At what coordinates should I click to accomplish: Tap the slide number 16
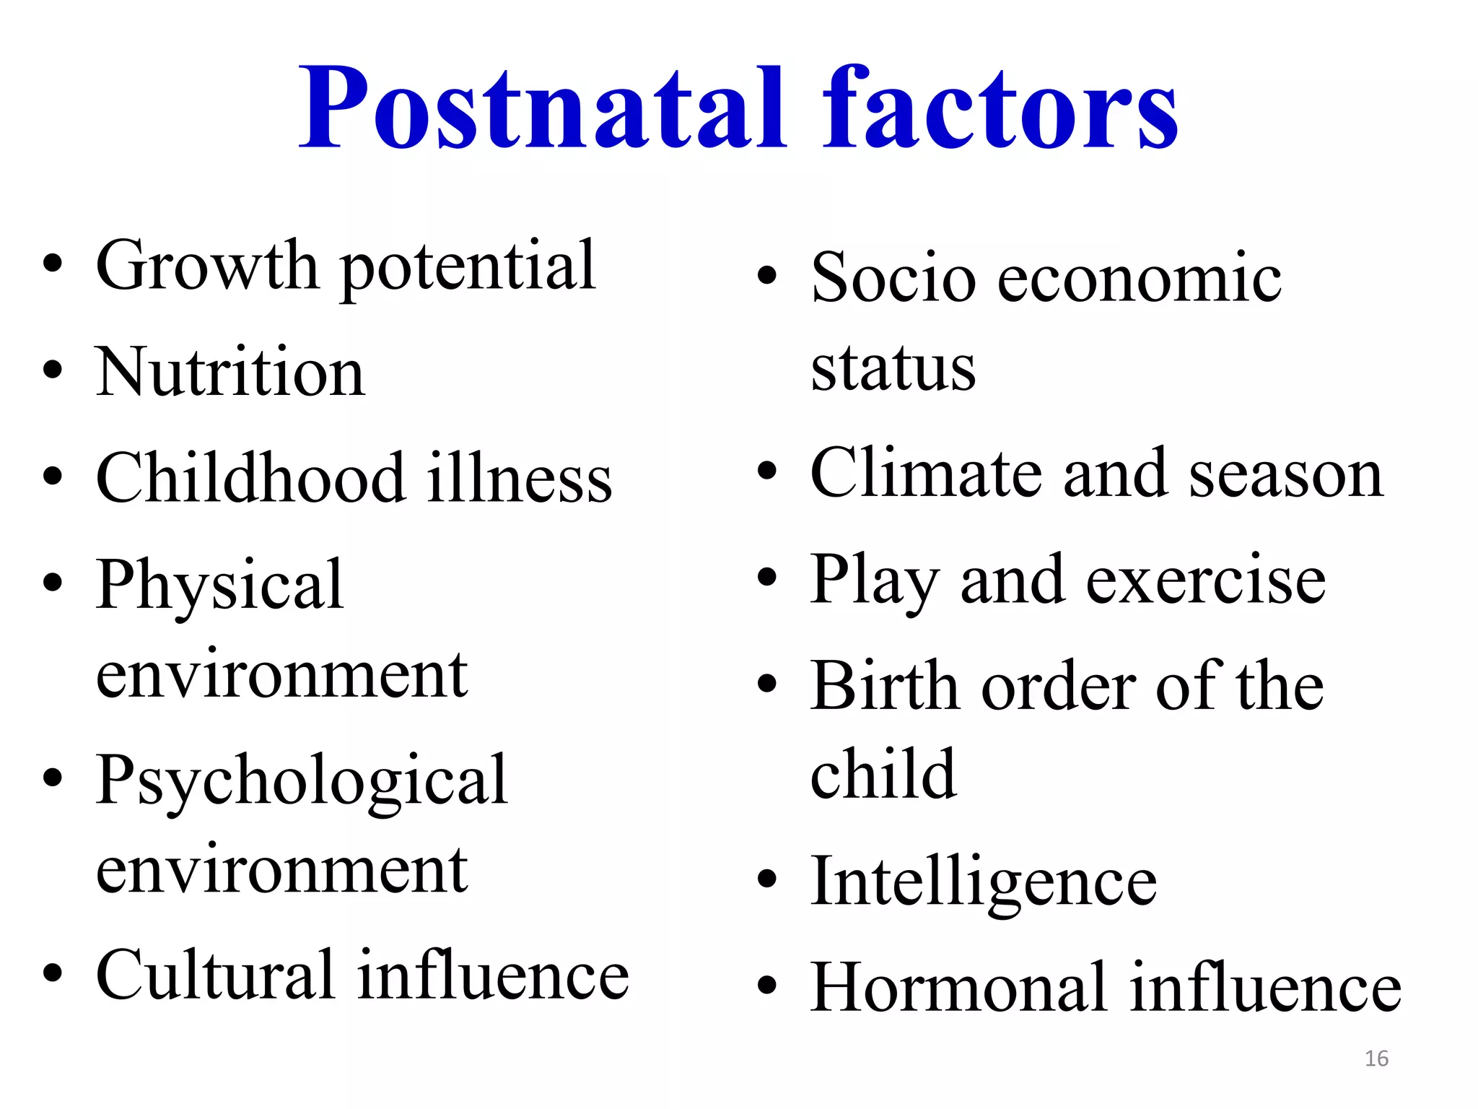tap(1376, 1058)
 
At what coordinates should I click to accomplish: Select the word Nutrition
tap(230, 373)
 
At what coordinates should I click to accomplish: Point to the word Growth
tap(206, 267)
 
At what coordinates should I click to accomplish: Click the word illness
tap(520, 478)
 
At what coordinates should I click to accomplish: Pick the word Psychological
tap(302, 781)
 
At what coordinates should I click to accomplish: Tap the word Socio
tap(893, 279)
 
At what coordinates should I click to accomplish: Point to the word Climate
tap(926, 474)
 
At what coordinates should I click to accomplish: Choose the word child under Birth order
tap(883, 774)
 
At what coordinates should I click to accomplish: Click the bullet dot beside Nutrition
tap(53, 370)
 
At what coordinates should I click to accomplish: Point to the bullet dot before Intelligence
tap(767, 879)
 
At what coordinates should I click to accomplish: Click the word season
tap(1286, 475)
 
